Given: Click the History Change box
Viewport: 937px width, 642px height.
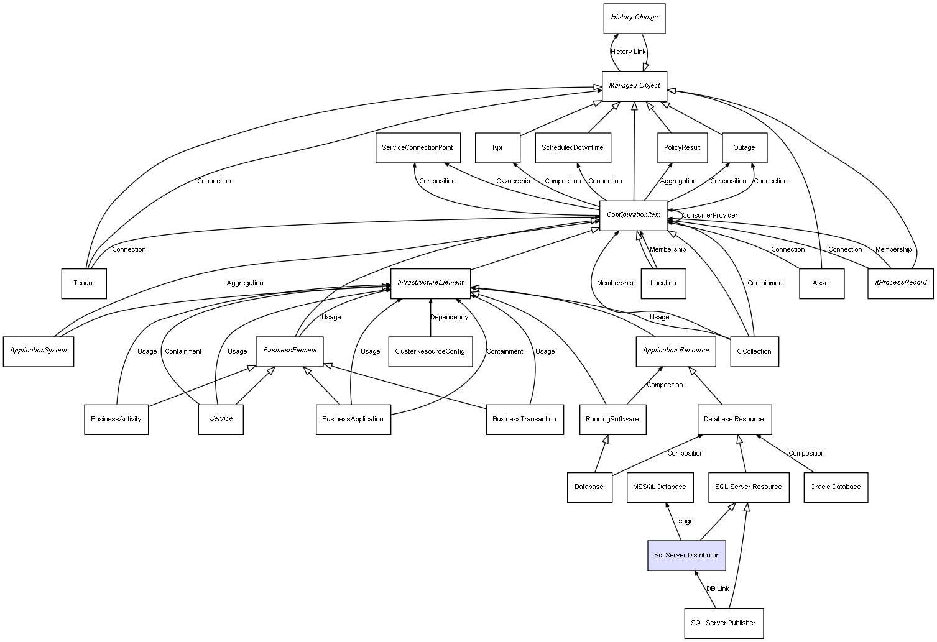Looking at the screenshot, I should [x=634, y=18].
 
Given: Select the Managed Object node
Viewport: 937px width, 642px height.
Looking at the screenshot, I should [x=634, y=86].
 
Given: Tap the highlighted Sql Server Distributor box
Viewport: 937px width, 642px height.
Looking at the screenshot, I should [x=686, y=555].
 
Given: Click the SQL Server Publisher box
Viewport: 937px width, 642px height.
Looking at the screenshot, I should [x=723, y=623].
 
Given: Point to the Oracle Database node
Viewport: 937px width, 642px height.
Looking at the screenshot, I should [x=835, y=487].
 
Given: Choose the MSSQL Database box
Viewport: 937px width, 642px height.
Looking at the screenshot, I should [x=659, y=487].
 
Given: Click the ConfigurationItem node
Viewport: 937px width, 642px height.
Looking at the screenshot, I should [x=634, y=215].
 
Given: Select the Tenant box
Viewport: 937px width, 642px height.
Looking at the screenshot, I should [x=84, y=283].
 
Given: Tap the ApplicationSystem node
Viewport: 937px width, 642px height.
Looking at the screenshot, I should [x=39, y=351].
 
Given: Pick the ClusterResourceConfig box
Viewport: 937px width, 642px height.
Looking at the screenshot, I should [x=430, y=351].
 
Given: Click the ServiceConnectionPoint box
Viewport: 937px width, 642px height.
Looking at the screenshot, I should [x=418, y=148].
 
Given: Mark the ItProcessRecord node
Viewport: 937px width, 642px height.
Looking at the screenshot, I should [x=900, y=283].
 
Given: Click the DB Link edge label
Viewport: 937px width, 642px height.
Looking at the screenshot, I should [x=717, y=589].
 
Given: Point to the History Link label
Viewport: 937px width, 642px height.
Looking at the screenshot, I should [x=628, y=52].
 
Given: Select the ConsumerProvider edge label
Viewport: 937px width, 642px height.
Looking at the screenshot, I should [x=709, y=215].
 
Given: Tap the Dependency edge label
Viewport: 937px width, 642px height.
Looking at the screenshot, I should [x=449, y=317].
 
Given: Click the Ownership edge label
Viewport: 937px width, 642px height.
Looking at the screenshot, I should [x=513, y=181].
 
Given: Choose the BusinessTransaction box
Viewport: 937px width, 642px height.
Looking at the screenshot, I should [x=524, y=419].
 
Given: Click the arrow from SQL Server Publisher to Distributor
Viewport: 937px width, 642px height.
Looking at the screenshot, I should [x=705, y=589].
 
